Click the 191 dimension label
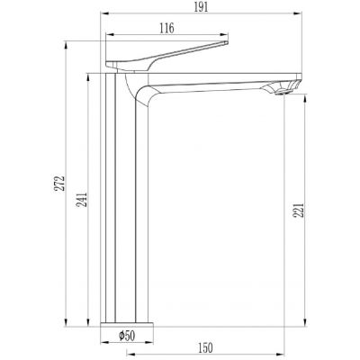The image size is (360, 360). tap(201, 6)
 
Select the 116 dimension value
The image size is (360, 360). tap(166, 28)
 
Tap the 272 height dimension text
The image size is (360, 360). tap(59, 183)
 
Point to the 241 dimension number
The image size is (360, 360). tap(82, 200)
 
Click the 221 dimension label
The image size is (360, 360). tap(300, 210)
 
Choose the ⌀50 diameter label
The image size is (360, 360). tap(127, 336)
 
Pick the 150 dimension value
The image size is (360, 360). tap(205, 347)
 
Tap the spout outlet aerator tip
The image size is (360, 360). tap(283, 92)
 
